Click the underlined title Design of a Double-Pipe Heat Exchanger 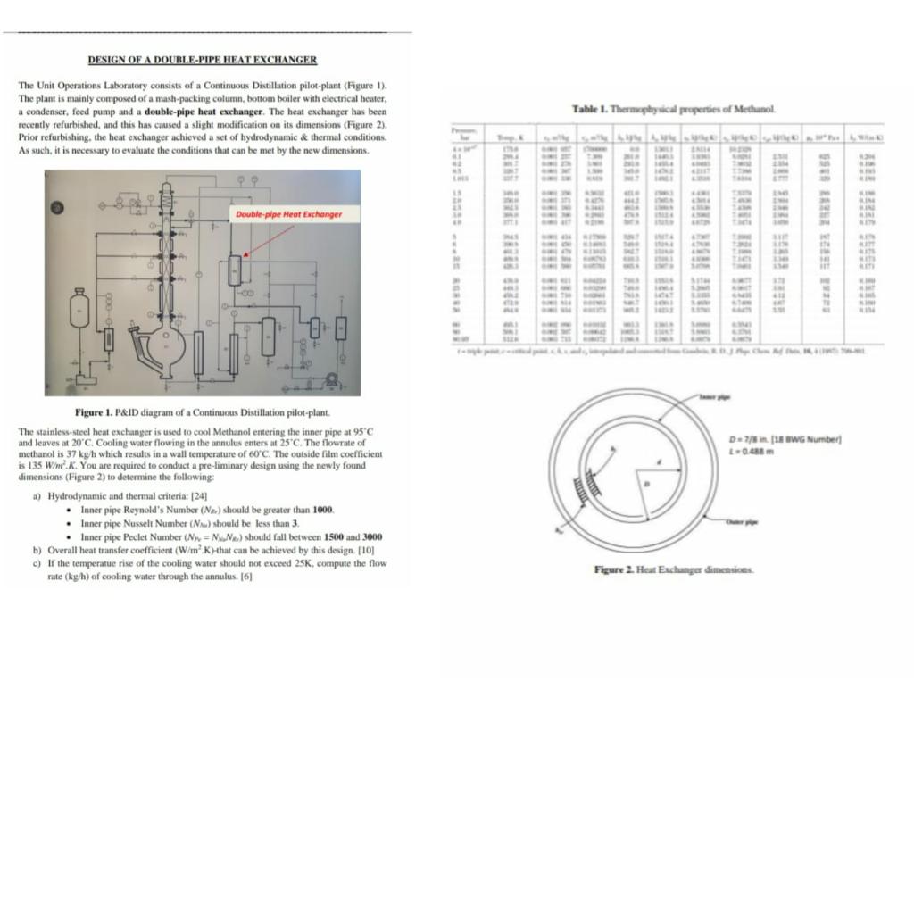pyautogui.click(x=202, y=60)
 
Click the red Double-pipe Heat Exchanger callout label pyautogui.click(x=288, y=214)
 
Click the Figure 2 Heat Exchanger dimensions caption pyautogui.click(x=675, y=569)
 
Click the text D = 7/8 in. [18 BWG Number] pyautogui.click(x=785, y=438)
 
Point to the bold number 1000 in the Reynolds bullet pyautogui.click(x=323, y=509)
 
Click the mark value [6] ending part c pyautogui.click(x=247, y=577)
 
